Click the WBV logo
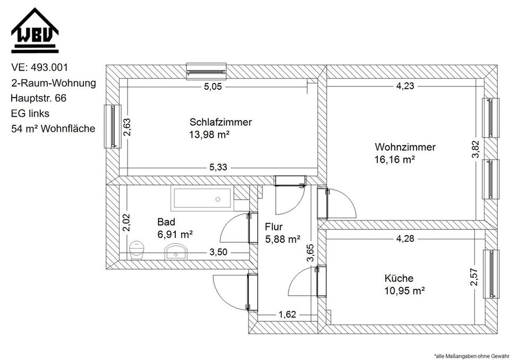pyautogui.click(x=35, y=30)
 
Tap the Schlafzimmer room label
pyautogui.click(x=220, y=122)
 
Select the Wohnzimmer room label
pyautogui.click(x=405, y=147)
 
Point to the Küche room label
pyautogui.click(x=399, y=278)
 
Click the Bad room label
pyautogui.click(x=166, y=221)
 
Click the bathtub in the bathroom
pyautogui.click(x=201, y=199)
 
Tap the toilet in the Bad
pyautogui.click(x=137, y=249)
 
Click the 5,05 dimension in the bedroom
pyautogui.click(x=212, y=87)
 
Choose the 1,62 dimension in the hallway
pyautogui.click(x=287, y=315)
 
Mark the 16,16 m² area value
pyautogui.click(x=394, y=159)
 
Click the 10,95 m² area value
pyautogui.click(x=404, y=290)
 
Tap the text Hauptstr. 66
pyautogui.click(x=38, y=98)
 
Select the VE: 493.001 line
pyautogui.click(x=39, y=67)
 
